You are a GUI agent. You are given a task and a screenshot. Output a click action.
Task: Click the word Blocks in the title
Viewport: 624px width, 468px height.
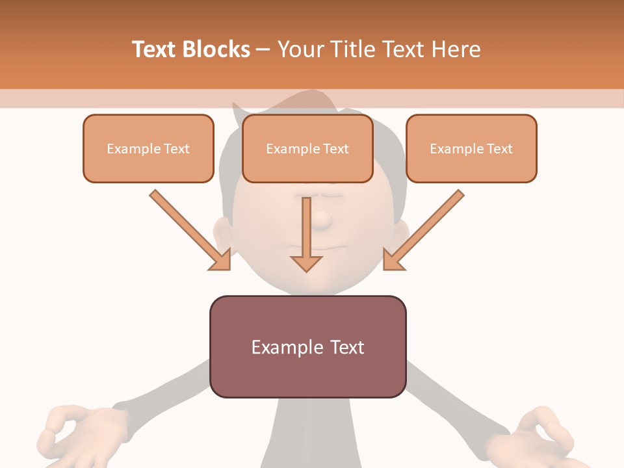[216, 49]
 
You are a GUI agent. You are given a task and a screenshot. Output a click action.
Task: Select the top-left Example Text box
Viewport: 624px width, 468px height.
[148, 148]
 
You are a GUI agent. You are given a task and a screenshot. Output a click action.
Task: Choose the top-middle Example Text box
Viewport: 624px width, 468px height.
[307, 148]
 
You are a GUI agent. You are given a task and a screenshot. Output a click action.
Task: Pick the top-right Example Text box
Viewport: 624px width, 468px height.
[471, 148]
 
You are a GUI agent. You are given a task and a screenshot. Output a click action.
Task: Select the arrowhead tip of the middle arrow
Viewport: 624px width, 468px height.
[306, 270]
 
